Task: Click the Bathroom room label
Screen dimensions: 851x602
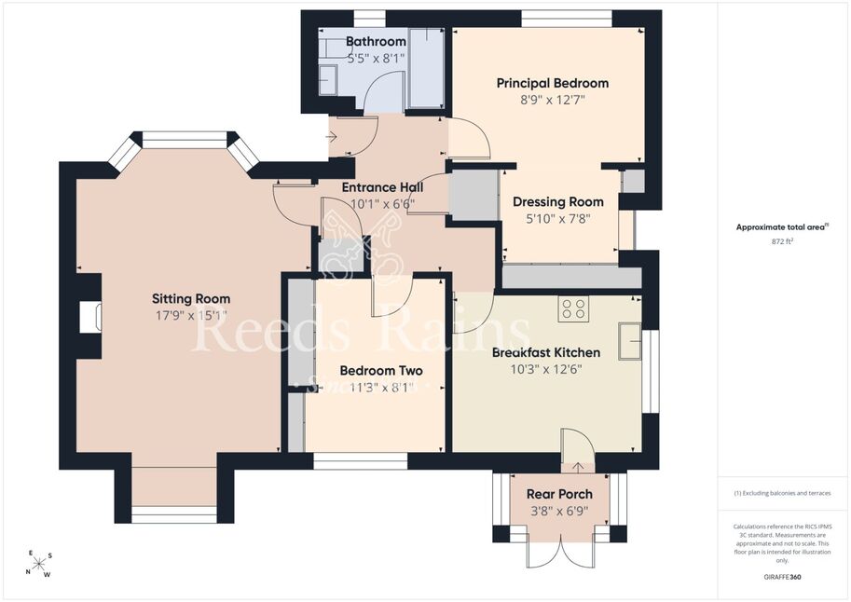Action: (x=376, y=41)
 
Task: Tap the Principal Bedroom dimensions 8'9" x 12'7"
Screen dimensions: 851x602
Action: (x=553, y=100)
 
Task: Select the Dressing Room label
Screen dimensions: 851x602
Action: (x=558, y=202)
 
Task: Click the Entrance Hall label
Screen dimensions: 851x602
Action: (x=383, y=187)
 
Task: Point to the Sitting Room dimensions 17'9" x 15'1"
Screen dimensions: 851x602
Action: (x=191, y=315)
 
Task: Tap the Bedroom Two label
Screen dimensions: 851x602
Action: (x=381, y=371)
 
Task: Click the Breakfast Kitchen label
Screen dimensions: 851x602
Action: (x=546, y=353)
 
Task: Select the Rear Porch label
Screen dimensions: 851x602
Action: (x=559, y=495)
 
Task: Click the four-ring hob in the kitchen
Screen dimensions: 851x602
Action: (x=573, y=308)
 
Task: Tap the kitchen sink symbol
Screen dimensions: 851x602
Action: (x=630, y=341)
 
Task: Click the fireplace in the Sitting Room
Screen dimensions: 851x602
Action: (x=90, y=317)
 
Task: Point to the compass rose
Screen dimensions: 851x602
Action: (x=39, y=564)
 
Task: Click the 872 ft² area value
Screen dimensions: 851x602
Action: (x=782, y=241)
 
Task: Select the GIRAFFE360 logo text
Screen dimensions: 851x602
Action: (x=782, y=577)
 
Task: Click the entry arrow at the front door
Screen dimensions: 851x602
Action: (x=331, y=137)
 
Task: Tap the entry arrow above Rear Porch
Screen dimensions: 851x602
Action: (x=578, y=467)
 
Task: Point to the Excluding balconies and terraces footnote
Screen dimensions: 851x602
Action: (x=782, y=493)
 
